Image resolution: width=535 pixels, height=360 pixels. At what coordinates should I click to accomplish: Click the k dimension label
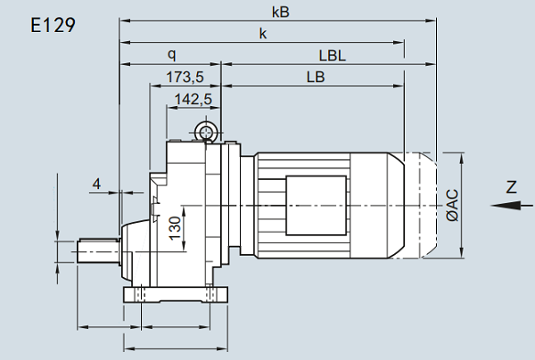263,34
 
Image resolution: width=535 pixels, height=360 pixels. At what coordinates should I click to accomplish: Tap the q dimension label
171,54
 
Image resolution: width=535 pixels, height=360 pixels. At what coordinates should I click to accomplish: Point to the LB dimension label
315,77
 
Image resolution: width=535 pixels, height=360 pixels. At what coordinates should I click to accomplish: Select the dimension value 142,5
193,99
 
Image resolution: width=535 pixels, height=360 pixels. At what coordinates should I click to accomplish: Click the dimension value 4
97,184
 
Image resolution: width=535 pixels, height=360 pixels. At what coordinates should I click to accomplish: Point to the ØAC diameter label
452,205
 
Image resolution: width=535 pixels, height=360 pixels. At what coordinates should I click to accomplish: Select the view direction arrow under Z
506,205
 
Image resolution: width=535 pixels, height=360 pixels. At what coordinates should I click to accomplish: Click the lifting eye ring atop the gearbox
208,134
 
